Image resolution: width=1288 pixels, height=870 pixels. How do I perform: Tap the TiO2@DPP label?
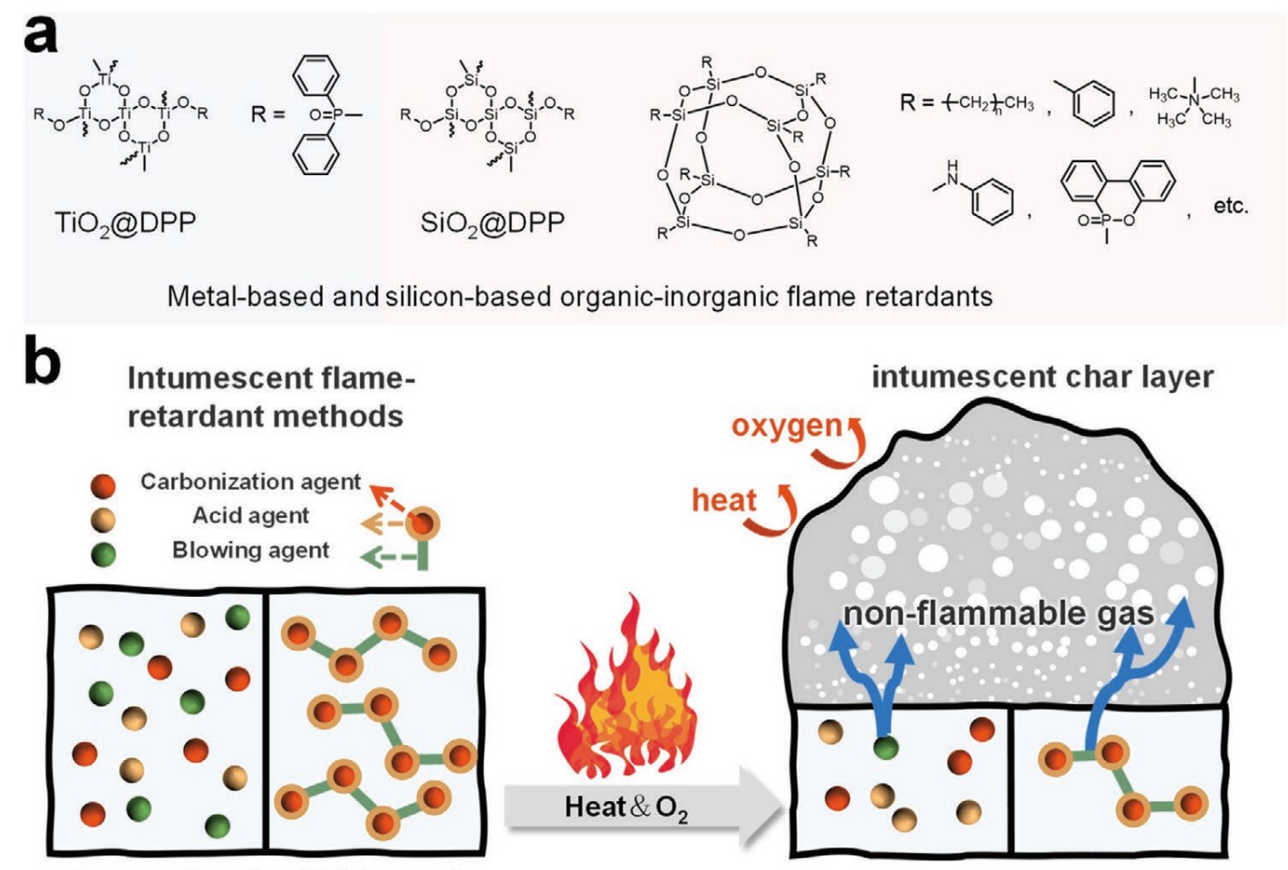click(125, 222)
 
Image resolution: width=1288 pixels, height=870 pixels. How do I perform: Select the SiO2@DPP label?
click(492, 222)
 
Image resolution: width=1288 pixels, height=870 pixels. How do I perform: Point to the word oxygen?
click(786, 425)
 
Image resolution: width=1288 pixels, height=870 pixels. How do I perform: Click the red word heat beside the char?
click(723, 500)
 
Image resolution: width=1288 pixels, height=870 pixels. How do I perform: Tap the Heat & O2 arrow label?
click(625, 806)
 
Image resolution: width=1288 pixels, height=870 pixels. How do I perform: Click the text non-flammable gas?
click(998, 613)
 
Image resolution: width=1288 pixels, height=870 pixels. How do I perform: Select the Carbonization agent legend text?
click(250, 482)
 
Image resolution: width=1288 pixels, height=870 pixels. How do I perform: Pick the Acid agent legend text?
click(251, 515)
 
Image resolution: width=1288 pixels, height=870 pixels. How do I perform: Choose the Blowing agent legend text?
click(251, 550)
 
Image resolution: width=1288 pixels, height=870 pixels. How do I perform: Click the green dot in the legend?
click(103, 552)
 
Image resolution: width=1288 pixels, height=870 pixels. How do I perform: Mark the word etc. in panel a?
click(1230, 206)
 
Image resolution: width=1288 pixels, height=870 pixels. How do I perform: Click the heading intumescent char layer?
click(1041, 376)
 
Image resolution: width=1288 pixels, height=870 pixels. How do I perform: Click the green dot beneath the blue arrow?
click(886, 748)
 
